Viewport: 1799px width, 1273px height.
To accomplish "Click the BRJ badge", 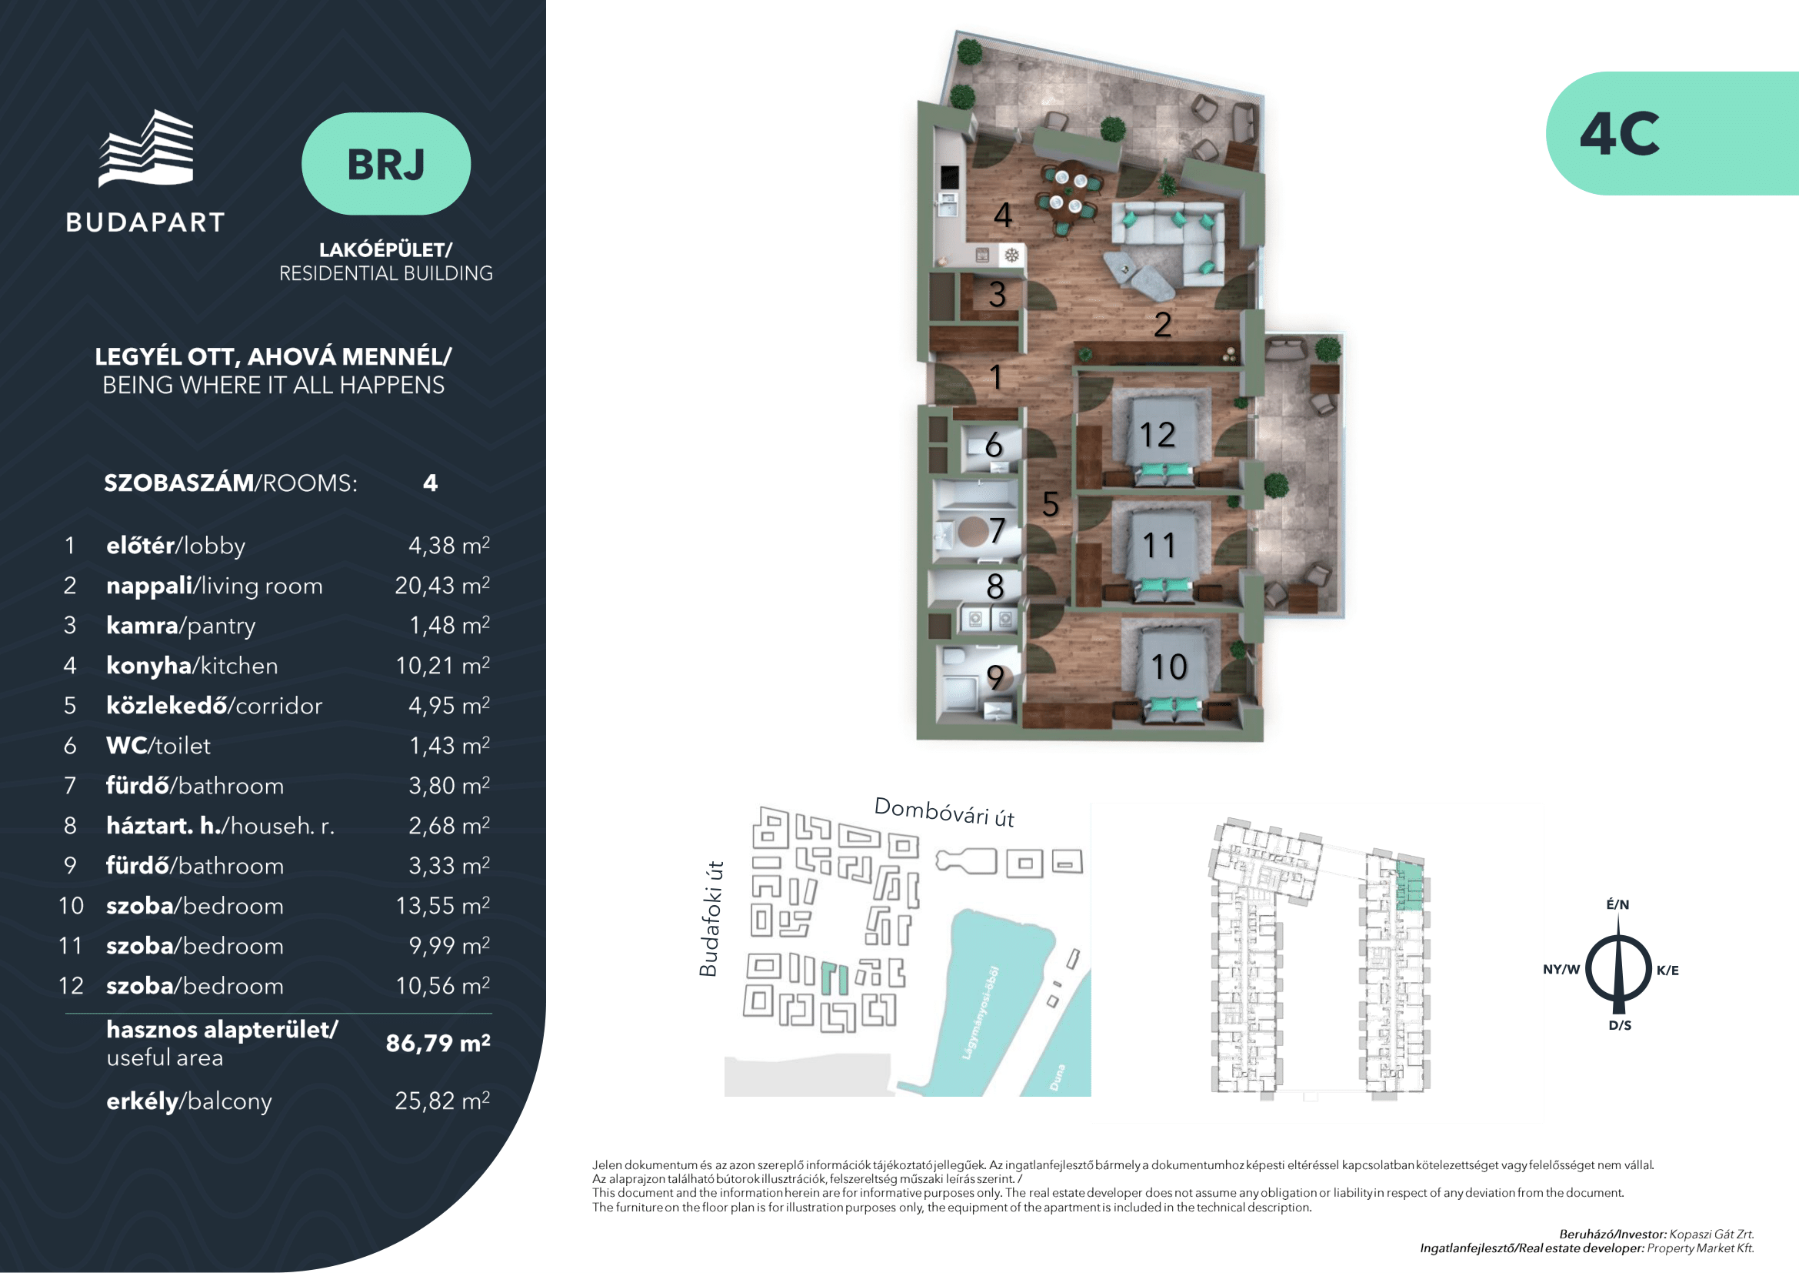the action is point(385,164).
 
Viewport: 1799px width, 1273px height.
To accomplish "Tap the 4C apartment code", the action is point(1619,134).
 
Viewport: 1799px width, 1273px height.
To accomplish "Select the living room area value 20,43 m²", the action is point(442,586).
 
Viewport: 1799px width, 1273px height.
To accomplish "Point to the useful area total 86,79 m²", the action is point(438,1044).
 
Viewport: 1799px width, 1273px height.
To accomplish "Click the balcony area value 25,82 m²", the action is point(442,1101).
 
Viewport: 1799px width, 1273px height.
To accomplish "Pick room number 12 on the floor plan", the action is point(1158,435).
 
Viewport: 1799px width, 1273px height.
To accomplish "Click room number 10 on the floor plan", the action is point(1168,667).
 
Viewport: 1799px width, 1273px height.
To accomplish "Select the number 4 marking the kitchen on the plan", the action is point(1003,215).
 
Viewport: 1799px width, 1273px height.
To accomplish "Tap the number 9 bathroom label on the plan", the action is point(995,677).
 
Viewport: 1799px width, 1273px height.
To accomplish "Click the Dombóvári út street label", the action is point(944,812).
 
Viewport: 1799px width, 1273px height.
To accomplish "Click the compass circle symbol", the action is point(1619,970).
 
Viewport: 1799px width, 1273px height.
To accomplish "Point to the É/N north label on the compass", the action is point(1618,904).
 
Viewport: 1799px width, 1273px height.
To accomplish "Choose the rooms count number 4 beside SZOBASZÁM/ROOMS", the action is point(430,483).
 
